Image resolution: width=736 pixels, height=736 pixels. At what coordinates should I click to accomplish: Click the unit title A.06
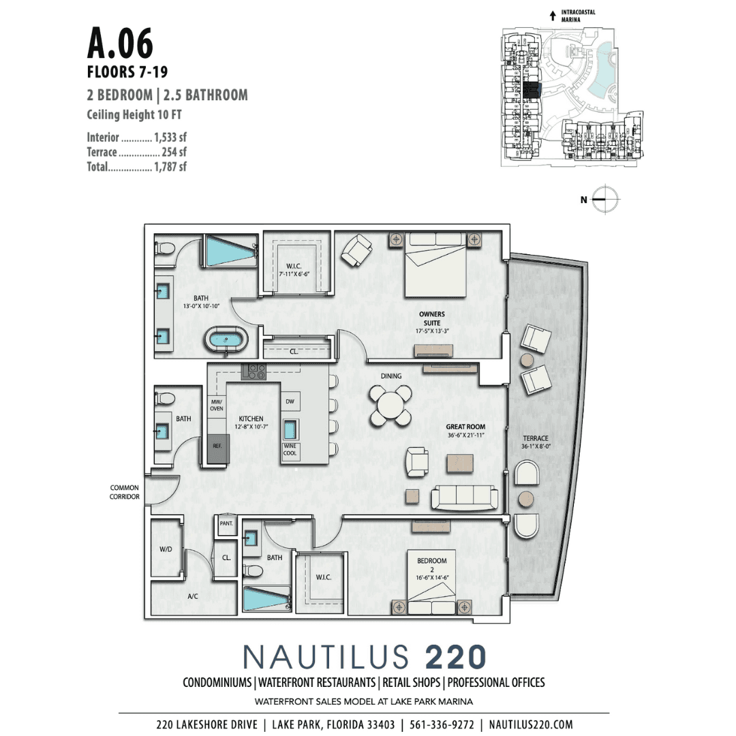coord(120,43)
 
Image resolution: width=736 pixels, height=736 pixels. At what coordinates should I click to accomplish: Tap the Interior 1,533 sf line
coord(136,138)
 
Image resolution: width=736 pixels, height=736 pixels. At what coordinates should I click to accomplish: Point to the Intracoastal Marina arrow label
coord(574,16)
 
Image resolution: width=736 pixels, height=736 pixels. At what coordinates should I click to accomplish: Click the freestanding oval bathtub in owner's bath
coord(228,338)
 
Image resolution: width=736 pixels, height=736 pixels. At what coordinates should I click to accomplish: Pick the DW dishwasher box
coord(290,402)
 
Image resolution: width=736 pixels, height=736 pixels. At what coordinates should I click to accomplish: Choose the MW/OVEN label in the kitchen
coord(217,405)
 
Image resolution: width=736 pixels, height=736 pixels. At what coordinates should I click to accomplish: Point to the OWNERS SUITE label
coord(431,318)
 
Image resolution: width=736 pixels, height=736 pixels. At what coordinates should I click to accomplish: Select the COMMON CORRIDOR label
coord(125,492)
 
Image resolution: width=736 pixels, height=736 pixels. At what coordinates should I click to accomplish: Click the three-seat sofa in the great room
coord(466,497)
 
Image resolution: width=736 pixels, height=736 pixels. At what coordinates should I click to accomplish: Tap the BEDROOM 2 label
coord(432,565)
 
